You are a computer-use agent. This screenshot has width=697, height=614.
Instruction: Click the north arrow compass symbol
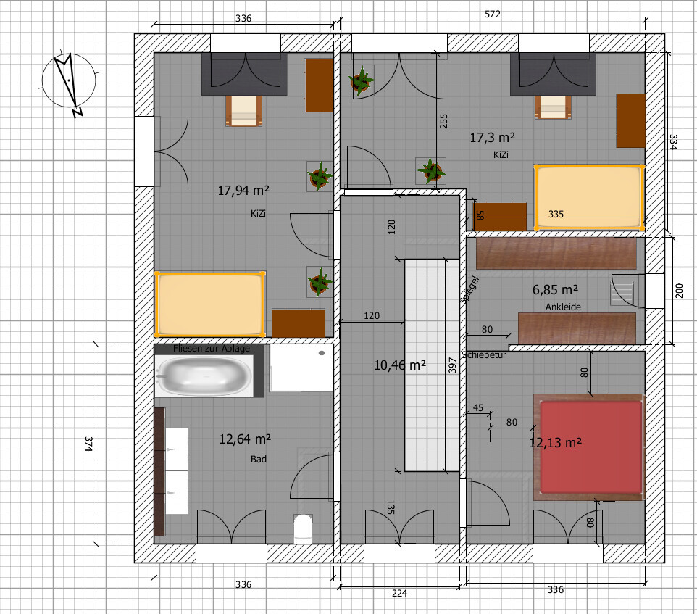coord(69,82)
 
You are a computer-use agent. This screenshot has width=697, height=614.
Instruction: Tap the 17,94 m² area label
coord(243,191)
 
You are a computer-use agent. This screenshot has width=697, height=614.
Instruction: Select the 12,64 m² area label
coord(245,439)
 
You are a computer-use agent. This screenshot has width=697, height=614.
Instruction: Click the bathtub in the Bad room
coord(204,376)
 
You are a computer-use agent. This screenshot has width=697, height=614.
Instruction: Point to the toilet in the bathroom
coord(303,528)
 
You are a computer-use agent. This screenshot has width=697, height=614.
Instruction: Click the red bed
coord(590,447)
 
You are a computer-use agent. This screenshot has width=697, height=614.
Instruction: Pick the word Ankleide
coord(563,307)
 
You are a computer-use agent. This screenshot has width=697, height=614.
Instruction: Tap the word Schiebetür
coord(484,354)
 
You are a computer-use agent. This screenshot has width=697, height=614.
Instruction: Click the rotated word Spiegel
coord(469,290)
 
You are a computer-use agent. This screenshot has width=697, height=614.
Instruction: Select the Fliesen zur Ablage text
coord(212,349)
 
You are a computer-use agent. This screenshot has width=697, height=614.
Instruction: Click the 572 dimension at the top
coord(493,14)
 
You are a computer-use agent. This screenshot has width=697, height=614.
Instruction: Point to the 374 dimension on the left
coord(89,444)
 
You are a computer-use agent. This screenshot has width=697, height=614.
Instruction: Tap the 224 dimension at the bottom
coord(400,593)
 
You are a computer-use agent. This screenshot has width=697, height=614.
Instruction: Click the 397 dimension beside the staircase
coord(452,365)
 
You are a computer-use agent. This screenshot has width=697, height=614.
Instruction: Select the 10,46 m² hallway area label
coord(400,365)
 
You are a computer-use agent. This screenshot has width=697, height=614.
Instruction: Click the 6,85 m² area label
coord(555,290)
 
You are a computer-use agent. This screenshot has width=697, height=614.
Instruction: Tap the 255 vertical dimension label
coord(443,121)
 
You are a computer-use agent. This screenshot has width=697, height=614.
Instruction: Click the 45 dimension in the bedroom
coord(478,407)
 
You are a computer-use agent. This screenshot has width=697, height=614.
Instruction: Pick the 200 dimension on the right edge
coord(679,291)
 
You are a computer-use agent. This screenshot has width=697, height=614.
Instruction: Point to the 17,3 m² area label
coord(493,138)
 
